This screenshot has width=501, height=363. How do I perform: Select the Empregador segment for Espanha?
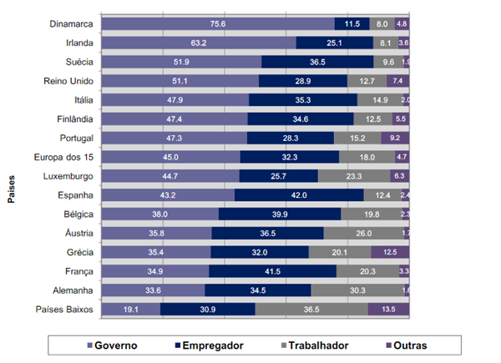coord(299,194)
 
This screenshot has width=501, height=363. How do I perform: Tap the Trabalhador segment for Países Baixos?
coord(311,309)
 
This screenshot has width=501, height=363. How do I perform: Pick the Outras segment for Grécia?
coord(390,252)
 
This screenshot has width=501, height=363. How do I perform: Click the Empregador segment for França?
coord(272,271)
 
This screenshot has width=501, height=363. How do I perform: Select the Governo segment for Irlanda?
coord(198,43)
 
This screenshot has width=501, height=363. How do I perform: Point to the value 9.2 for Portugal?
coord(394,138)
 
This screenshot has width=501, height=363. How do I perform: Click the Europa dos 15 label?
coord(63,157)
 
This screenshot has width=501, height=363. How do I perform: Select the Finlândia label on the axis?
coord(70,119)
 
